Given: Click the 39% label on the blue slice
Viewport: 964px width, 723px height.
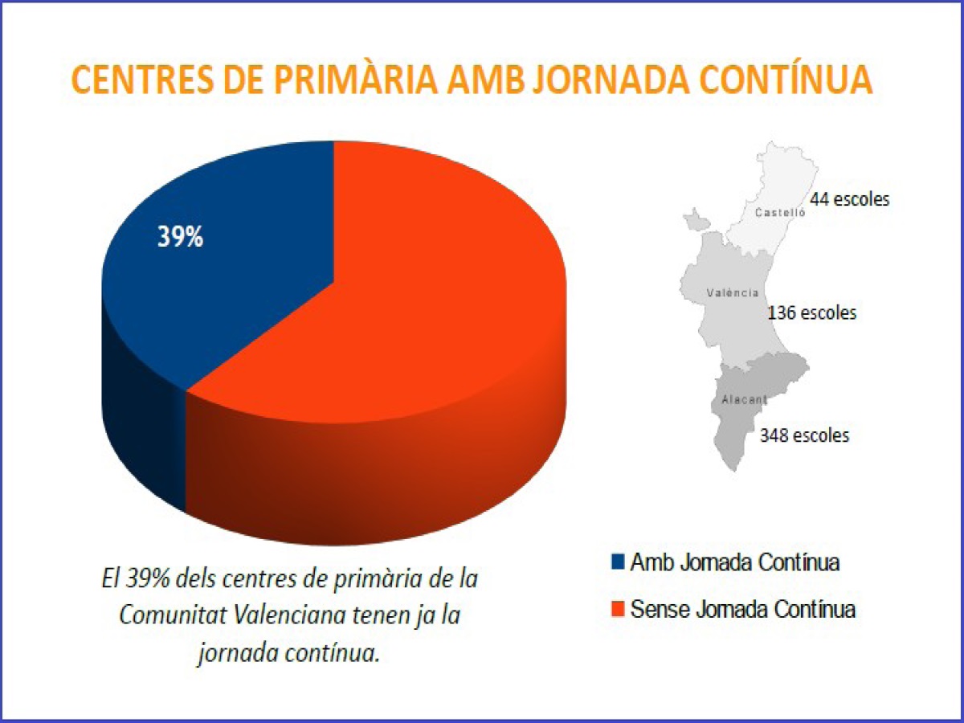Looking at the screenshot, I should click(180, 238).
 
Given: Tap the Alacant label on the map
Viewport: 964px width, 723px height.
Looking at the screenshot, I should click(739, 399).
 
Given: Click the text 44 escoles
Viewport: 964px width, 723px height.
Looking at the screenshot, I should click(849, 199).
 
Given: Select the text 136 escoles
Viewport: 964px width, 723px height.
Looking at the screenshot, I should click(811, 312).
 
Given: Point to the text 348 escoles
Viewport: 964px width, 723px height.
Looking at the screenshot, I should click(804, 435).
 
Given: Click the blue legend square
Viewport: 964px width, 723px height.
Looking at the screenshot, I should click(617, 562).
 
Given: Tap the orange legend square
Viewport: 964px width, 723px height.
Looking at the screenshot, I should click(617, 609).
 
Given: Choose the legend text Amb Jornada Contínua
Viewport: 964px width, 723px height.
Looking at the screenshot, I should click(735, 562).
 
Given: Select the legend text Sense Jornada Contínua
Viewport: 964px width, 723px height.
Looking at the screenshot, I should click(743, 609).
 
